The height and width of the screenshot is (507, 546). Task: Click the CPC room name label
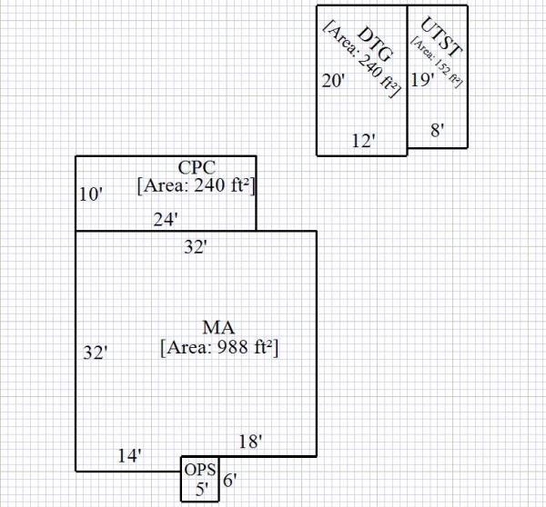[196, 167]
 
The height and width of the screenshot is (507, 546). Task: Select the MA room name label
[217, 327]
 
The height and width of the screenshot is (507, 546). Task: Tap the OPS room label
[200, 471]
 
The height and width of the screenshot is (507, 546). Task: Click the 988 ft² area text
[218, 348]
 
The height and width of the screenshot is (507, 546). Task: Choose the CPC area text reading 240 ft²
[196, 186]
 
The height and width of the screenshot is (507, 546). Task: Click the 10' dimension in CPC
[90, 194]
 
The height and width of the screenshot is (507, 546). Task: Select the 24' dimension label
[165, 219]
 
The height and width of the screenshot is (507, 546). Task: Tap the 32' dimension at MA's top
[196, 246]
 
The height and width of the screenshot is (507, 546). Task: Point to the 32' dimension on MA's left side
[96, 353]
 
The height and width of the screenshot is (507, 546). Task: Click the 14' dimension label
[129, 456]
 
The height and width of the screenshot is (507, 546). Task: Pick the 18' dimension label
[250, 442]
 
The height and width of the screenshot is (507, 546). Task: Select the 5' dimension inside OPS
[202, 489]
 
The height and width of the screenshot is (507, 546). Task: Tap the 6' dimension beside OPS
[229, 482]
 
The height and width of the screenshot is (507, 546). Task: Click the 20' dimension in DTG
[334, 81]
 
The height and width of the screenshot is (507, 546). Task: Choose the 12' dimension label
[364, 141]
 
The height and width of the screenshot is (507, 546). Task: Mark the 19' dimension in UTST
[422, 80]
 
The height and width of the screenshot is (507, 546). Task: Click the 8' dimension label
[437, 130]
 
